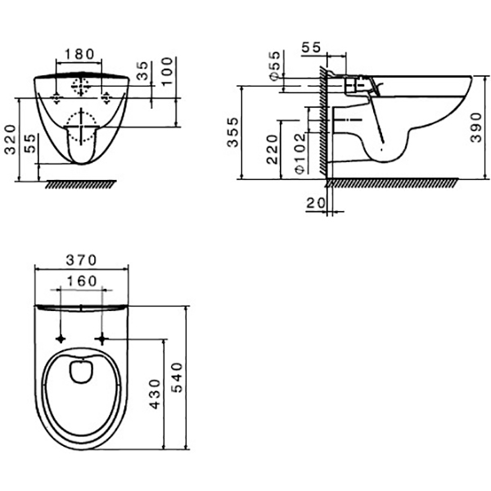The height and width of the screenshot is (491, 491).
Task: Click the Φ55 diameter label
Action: click(x=273, y=66)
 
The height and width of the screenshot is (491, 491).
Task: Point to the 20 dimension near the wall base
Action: click(x=313, y=203)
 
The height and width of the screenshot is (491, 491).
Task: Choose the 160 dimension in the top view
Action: click(x=82, y=280)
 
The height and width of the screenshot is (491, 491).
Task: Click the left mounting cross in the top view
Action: click(x=62, y=337)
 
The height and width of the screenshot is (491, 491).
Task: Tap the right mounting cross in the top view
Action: click(x=101, y=337)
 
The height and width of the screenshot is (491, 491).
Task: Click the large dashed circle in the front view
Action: click(x=81, y=127)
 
